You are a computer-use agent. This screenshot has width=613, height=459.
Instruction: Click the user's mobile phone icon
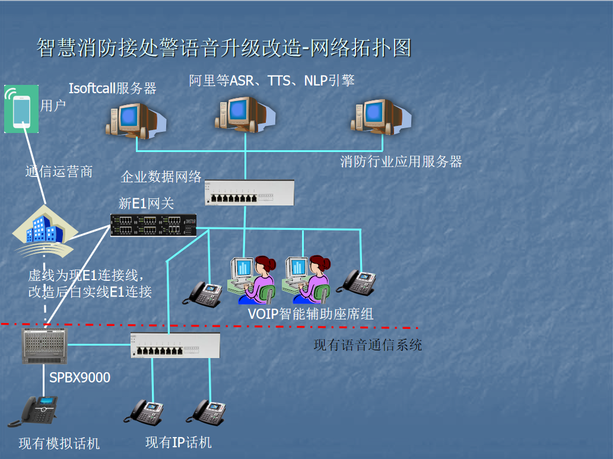pos(21,108)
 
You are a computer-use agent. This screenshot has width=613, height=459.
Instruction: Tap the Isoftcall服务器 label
pos(112,88)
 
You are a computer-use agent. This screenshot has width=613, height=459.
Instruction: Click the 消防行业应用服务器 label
pos(401,162)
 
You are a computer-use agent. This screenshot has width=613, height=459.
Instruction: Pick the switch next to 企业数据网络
pos(249,192)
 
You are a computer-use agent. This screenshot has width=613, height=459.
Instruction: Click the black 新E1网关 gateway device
pos(154,224)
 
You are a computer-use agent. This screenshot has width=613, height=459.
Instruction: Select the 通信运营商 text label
pos(59,172)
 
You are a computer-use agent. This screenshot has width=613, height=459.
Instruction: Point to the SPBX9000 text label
pos(80,378)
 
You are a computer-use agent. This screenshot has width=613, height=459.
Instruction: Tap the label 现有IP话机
pos(178,442)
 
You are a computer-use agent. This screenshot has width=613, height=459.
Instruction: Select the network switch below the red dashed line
pos(175,345)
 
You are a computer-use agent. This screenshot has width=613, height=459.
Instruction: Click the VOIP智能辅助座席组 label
pos(310,314)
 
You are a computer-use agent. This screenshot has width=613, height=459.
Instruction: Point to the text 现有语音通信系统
pos(367,345)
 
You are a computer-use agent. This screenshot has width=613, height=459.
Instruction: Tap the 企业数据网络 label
pos(161,177)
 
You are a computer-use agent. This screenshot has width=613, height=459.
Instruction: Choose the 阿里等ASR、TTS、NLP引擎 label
pos(272,80)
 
